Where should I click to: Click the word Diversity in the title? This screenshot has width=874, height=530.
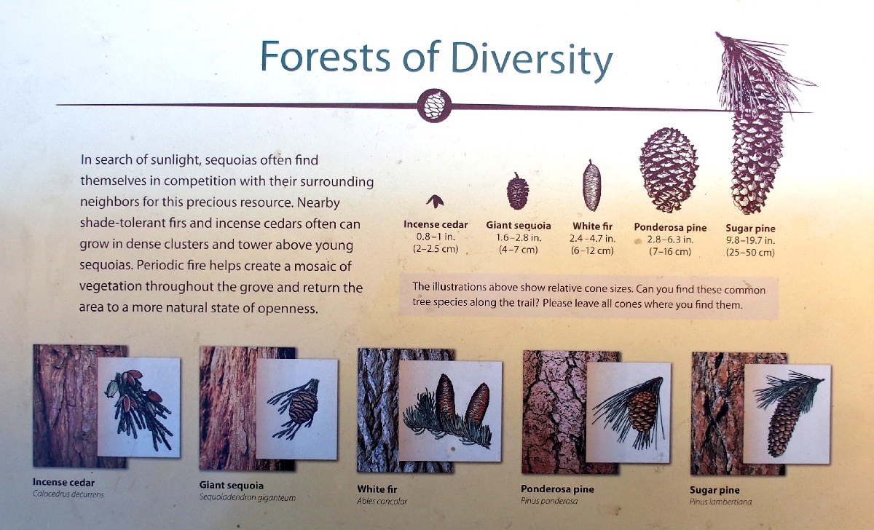(x=531, y=58)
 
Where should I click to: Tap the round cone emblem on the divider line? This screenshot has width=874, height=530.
(x=434, y=106)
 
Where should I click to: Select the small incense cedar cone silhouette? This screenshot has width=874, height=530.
(x=435, y=201)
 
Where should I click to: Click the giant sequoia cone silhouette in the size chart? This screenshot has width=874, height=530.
(x=518, y=191)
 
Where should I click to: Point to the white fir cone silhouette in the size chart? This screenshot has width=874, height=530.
(x=592, y=186)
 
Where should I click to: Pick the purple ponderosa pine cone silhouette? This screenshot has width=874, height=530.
(x=669, y=170)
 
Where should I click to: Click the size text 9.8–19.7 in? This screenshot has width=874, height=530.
(x=750, y=240)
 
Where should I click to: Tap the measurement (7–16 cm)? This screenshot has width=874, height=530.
(x=670, y=252)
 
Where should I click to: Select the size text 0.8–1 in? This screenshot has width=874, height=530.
(x=436, y=237)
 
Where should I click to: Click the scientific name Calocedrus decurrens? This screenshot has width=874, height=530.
(x=68, y=494)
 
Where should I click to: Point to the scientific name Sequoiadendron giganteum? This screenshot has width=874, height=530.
(x=248, y=498)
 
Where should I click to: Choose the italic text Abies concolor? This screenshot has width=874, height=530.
(x=382, y=501)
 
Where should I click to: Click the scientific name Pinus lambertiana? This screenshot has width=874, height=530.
(x=720, y=502)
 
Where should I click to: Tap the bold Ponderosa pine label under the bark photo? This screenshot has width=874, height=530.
(x=557, y=489)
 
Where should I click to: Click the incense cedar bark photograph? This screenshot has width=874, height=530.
(x=65, y=406)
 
